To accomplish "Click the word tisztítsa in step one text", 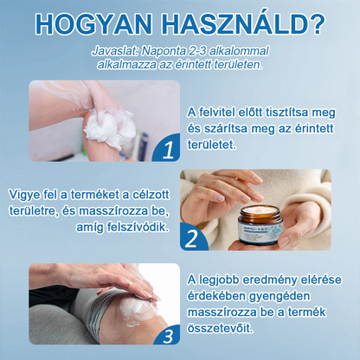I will [292, 114].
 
